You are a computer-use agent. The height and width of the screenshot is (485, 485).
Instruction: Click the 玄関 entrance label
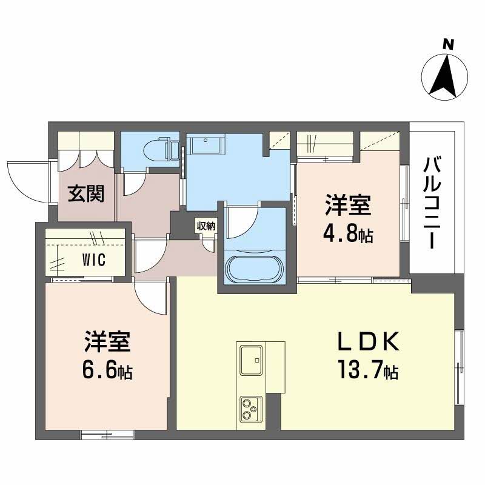click(86, 193)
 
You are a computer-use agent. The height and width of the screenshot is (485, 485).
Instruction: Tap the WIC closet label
click(94, 259)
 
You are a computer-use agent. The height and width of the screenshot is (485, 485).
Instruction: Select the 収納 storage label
click(206, 226)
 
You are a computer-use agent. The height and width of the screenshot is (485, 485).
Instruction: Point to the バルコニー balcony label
click(432, 203)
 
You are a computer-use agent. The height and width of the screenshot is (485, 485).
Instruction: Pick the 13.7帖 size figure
click(368, 369)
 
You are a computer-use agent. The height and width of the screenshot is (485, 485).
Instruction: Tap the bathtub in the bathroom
click(254, 269)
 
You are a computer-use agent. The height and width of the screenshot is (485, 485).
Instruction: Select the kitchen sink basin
click(251, 360)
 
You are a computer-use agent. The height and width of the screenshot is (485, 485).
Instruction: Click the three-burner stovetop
click(251, 409)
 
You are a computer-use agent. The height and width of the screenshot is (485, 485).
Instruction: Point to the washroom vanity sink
click(206, 145)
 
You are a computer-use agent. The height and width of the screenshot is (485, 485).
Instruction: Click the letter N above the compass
click(447, 45)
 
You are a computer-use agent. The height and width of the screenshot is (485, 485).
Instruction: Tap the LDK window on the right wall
click(460, 367)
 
